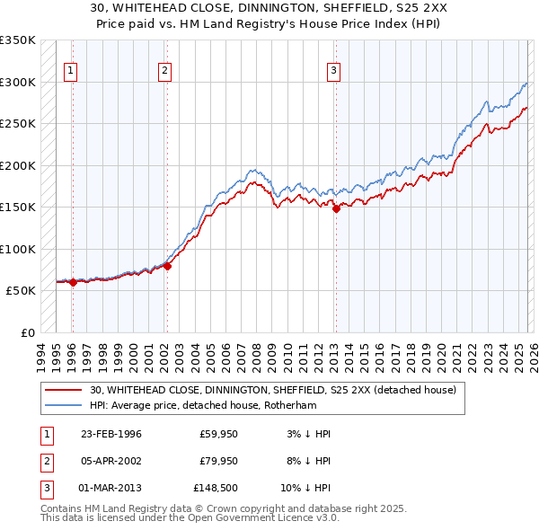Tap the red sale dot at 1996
pyautogui.click(x=73, y=282)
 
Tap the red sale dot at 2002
pyautogui.click(x=167, y=266)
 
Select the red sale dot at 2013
pyautogui.click(x=336, y=208)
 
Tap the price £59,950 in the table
pyautogui.click(x=217, y=434)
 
